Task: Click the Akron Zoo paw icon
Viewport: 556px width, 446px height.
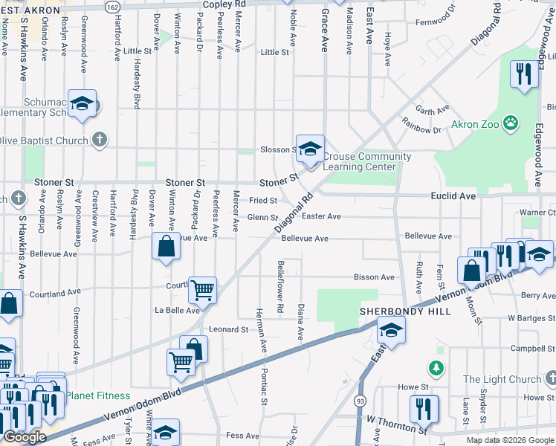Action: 511,122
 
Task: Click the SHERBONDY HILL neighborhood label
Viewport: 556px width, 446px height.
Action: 405,311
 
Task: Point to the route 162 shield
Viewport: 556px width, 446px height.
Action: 111,6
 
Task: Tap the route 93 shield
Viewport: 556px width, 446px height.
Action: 361,401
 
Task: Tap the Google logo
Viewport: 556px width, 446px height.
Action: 25,437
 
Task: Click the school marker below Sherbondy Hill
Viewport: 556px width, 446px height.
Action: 390,331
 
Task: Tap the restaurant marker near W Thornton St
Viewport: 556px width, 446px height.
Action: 424,408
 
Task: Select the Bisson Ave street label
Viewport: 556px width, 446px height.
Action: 374,277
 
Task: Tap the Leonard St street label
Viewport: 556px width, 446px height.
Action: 227,329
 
